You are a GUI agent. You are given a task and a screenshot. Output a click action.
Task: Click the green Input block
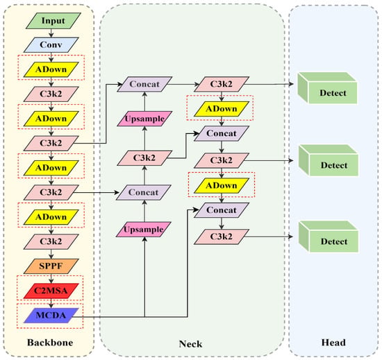53,21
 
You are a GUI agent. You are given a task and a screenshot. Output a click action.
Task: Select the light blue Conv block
51,45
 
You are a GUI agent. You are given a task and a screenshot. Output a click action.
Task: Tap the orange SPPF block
51,266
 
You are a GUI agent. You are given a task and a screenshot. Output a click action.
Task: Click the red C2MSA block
51,291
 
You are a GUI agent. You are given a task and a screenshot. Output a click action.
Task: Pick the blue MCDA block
51,316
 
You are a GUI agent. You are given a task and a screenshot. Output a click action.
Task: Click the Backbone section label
50,343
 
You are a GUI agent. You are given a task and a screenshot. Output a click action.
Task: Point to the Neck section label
190,344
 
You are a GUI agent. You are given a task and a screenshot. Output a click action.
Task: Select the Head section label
333,343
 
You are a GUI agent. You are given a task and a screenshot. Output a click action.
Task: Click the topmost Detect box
327,88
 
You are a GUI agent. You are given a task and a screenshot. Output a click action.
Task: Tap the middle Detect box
328,160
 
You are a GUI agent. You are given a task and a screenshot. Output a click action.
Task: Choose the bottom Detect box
328,237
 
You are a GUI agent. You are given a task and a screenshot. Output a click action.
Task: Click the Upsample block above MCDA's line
144,230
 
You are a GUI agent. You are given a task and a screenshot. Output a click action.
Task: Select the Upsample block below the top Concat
144,119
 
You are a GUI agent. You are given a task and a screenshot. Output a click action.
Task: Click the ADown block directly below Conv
51,69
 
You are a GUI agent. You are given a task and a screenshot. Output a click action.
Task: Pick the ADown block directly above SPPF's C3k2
51,217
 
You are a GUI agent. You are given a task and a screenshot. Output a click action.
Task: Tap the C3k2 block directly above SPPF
51,241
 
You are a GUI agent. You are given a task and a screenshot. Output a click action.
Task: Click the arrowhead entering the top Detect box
290,84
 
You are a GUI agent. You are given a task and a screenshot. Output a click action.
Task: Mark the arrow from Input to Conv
51,33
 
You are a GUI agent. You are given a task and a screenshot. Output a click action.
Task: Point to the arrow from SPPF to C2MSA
51,279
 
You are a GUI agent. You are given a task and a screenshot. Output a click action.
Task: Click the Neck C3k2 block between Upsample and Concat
144,158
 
